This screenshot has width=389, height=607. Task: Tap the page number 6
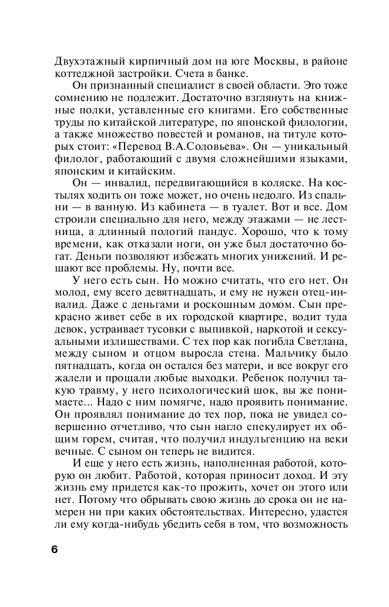click(55, 550)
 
